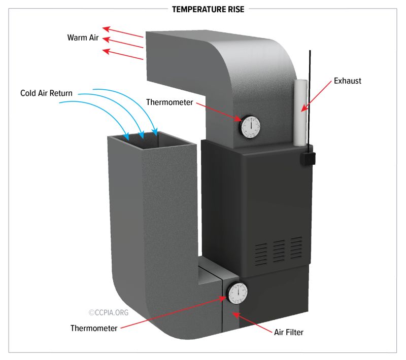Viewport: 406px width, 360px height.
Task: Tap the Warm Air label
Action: [x=83, y=38]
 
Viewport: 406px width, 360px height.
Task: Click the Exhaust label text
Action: [x=347, y=81]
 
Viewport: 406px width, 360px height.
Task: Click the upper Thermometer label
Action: [x=170, y=102]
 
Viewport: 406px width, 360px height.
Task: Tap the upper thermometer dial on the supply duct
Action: [x=250, y=127]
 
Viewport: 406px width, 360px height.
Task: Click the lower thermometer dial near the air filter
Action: [x=237, y=294]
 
